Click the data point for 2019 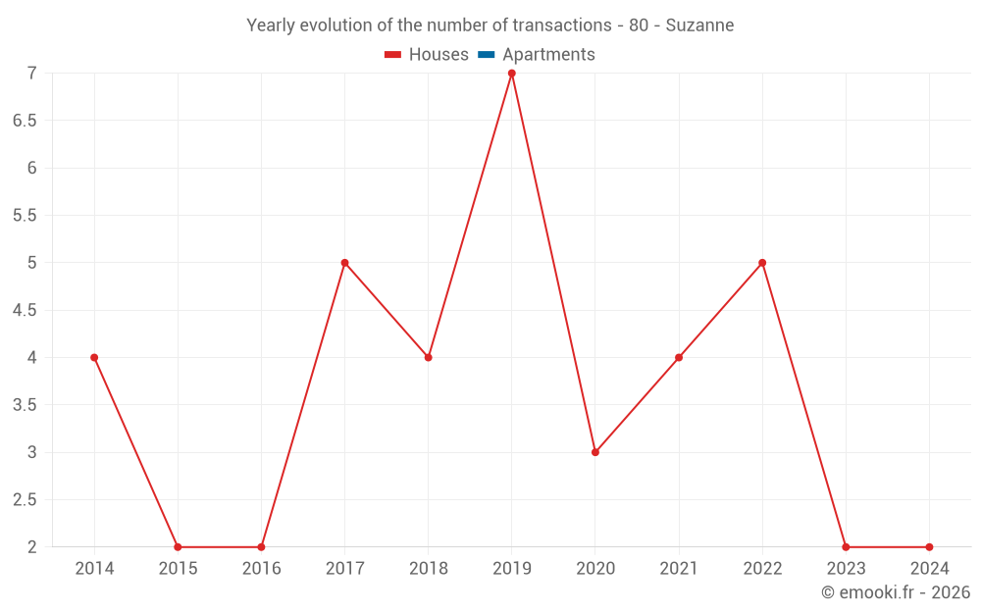point(512,74)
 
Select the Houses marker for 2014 point(94,358)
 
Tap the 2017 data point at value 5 point(344,263)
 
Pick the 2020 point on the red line point(595,452)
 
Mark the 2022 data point point(762,263)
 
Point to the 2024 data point point(929,547)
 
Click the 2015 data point point(178,547)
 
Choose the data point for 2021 point(679,358)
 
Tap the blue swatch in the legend point(486,55)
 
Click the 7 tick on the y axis point(32,74)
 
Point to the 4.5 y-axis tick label point(26,311)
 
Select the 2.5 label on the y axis point(26,500)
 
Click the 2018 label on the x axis point(428,569)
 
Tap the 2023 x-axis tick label point(846,569)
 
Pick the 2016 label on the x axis point(261,569)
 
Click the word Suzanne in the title point(699,26)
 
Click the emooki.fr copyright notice point(896,592)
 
